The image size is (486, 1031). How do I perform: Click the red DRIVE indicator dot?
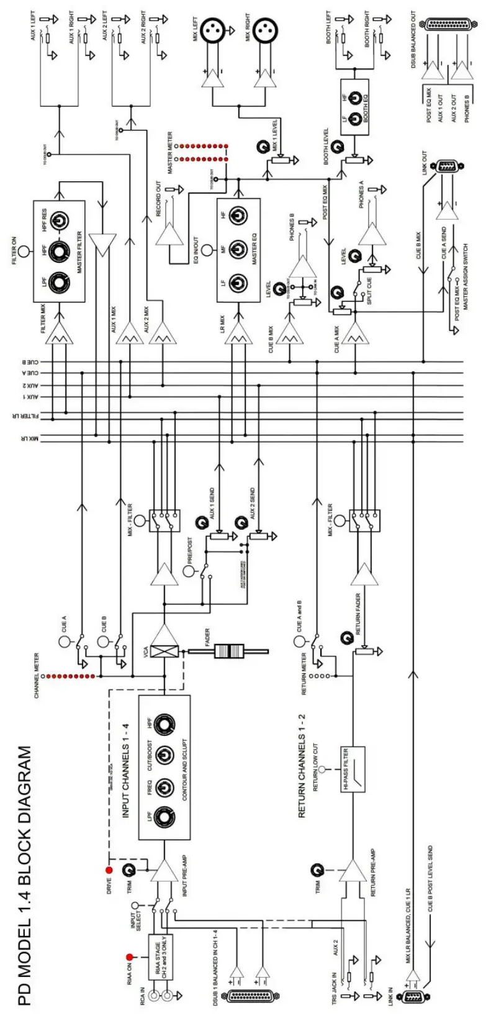109,870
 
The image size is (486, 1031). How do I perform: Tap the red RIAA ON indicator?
130,957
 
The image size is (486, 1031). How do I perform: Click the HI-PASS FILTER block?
351,769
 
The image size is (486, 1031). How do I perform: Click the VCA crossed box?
164,652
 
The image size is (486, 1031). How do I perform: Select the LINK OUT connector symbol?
447,166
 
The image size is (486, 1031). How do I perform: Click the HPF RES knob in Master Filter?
60,220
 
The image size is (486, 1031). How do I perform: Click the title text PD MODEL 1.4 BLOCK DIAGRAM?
24,876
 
